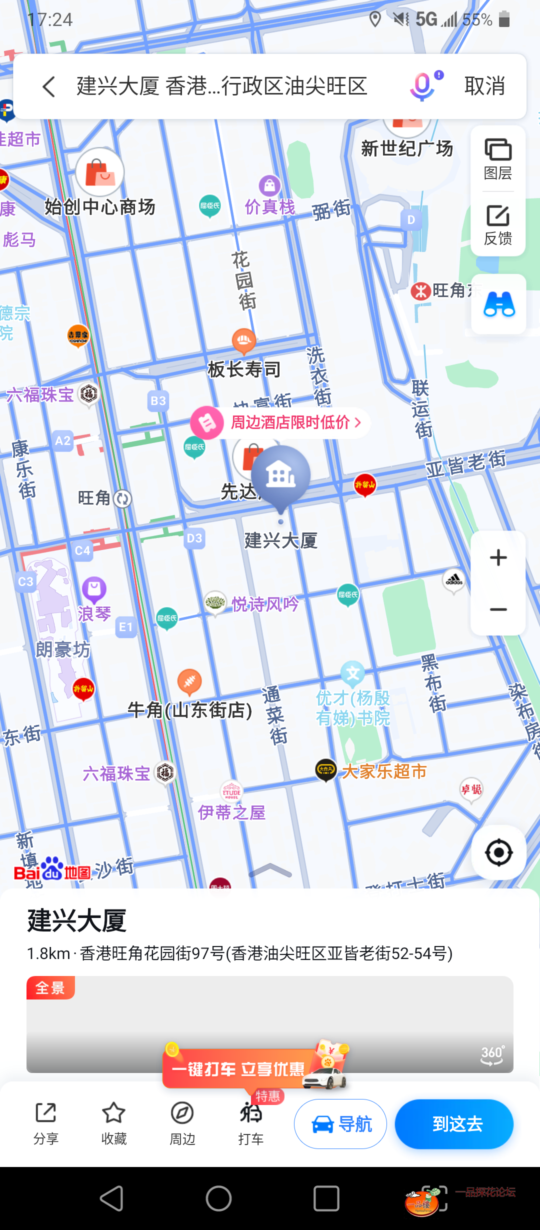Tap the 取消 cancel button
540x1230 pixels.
click(x=484, y=86)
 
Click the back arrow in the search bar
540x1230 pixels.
click(x=48, y=86)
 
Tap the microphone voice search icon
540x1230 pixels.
click(x=423, y=86)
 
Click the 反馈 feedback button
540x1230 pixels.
click(x=497, y=224)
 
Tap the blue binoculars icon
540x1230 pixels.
click(x=498, y=304)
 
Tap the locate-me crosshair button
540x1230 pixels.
click(x=498, y=852)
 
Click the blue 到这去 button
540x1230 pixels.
click(x=454, y=1124)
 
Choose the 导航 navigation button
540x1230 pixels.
click(x=340, y=1124)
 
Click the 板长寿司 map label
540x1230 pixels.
click(x=244, y=369)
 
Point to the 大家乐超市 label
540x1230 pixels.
click(x=383, y=771)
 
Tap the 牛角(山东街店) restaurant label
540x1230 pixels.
click(x=190, y=710)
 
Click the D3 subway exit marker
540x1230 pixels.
click(x=194, y=538)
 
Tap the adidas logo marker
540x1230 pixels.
click(x=454, y=580)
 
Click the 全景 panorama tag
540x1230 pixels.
click(x=50, y=988)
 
